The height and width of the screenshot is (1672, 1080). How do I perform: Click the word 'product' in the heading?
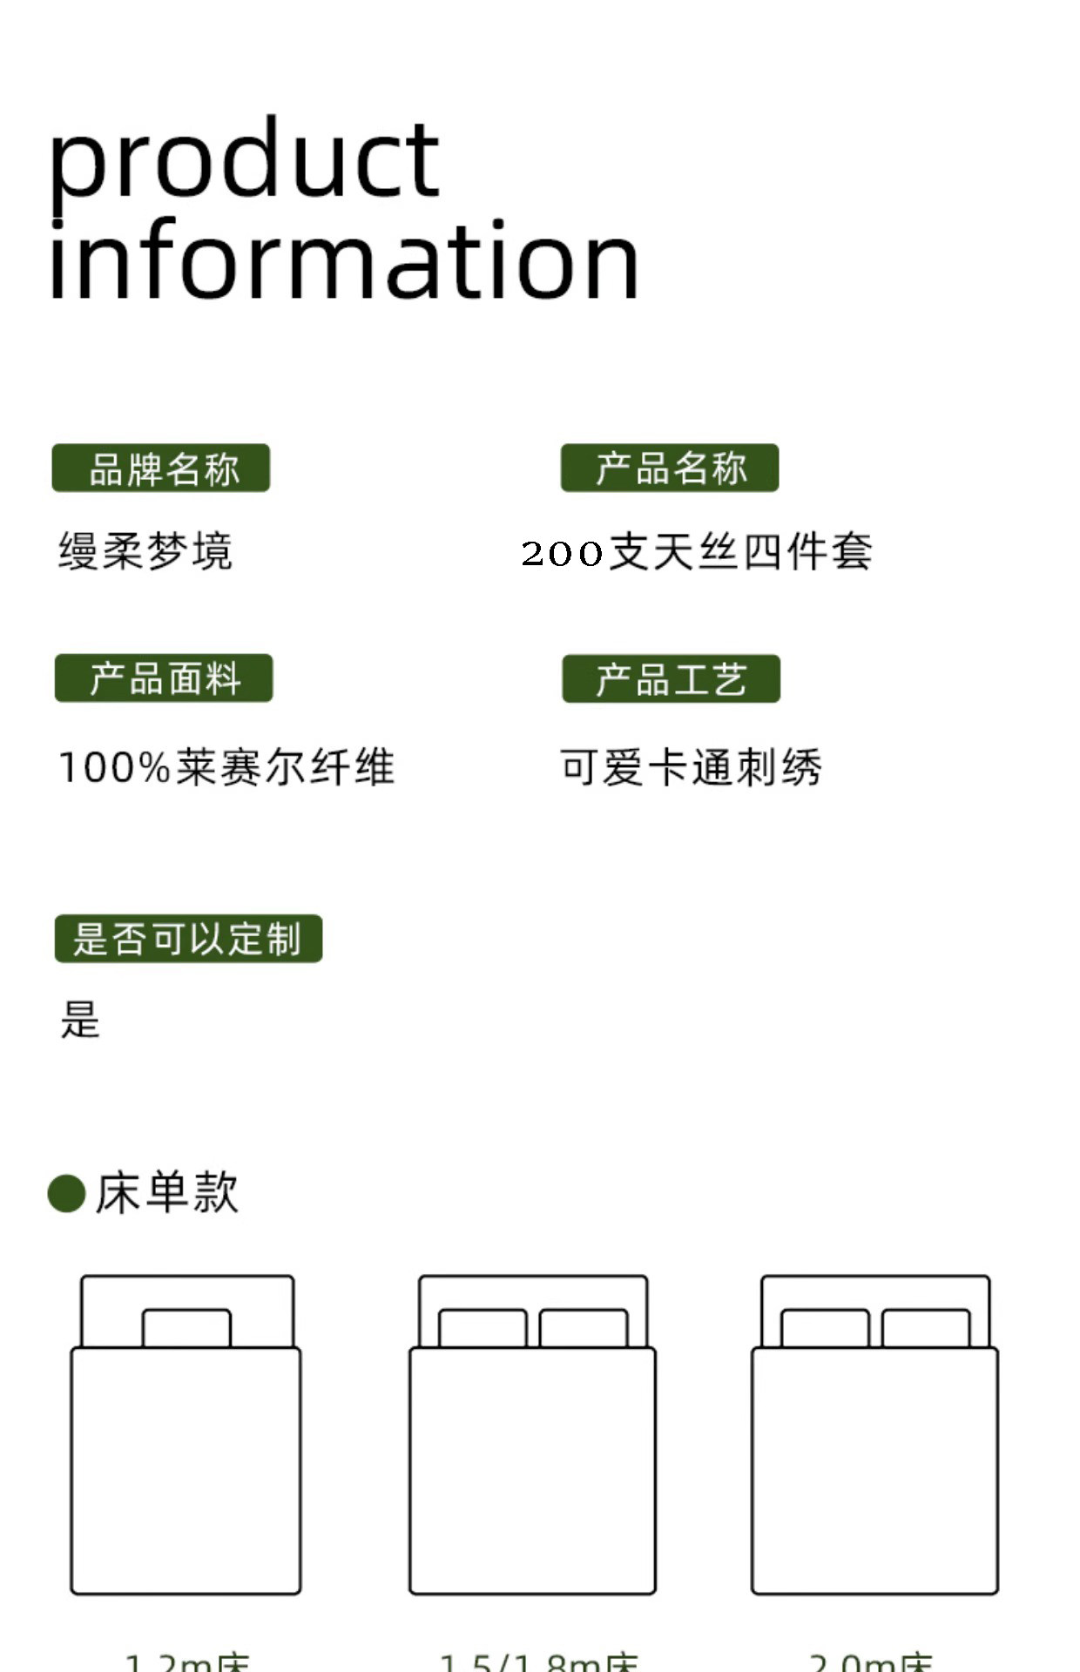tap(244, 161)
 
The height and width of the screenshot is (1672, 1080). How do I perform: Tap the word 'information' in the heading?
tap(343, 261)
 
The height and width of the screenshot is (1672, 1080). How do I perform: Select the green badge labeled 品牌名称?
tap(161, 469)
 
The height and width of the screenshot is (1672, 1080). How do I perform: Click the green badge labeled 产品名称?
tap(670, 469)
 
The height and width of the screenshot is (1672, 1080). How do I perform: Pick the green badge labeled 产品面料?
tap(164, 678)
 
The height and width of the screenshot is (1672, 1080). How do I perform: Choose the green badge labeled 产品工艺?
tap(671, 679)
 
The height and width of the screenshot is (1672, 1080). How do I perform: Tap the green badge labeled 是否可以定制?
tap(188, 939)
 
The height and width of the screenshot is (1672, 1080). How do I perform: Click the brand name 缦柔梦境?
tap(145, 551)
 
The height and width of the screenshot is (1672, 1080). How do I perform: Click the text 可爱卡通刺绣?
tap(691, 768)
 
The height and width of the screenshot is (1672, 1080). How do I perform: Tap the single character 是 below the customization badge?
tap(80, 1020)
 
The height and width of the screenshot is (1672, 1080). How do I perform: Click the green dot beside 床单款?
tap(66, 1193)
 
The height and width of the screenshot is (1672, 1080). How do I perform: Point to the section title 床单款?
tap(166, 1193)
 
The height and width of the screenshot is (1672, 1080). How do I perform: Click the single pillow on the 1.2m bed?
tap(186, 1328)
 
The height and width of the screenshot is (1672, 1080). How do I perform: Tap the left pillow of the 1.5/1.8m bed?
tap(483, 1328)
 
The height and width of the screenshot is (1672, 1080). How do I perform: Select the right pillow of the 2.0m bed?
tap(926, 1328)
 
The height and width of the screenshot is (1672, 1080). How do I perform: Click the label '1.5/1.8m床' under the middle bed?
tap(538, 1662)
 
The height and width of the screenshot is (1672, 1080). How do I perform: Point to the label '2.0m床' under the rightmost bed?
tap(871, 1662)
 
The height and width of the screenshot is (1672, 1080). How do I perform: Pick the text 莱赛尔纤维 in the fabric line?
tap(286, 768)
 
